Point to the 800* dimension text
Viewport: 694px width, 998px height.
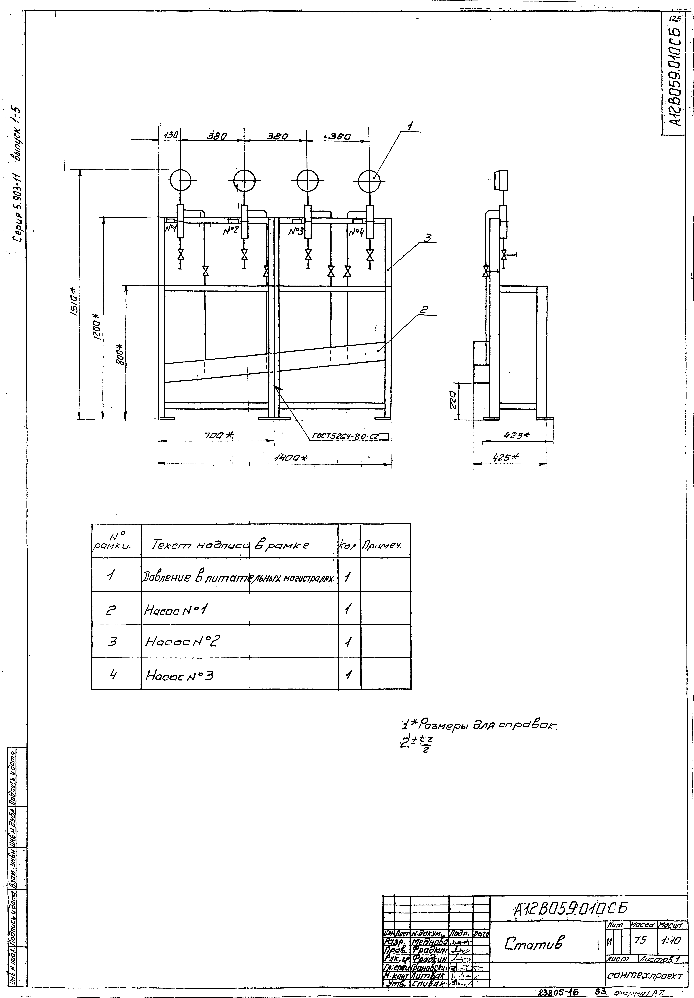pyautogui.click(x=120, y=354)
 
